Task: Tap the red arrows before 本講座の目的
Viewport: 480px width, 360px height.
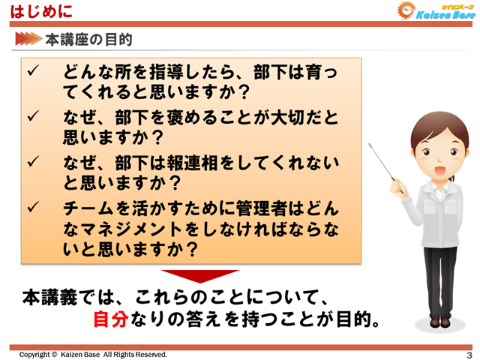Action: point(27,38)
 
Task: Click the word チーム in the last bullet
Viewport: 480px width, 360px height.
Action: point(86,206)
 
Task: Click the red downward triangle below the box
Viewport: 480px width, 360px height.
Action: point(199,276)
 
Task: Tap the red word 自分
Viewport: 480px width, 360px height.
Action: point(111,320)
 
